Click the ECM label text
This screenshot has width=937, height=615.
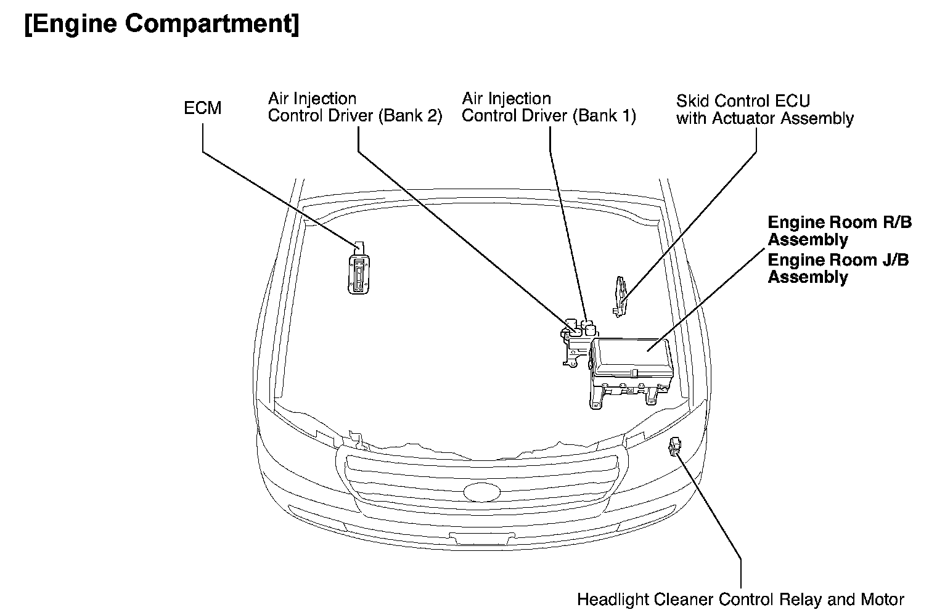(202, 108)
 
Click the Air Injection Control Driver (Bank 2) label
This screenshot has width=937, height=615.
(354, 107)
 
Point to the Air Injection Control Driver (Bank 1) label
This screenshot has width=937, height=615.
(548, 107)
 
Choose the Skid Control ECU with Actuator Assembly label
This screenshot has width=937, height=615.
(764, 110)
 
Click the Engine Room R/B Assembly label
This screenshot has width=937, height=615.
(838, 230)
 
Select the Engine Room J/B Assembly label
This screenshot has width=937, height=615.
(837, 268)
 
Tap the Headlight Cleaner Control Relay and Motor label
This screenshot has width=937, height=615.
(740, 600)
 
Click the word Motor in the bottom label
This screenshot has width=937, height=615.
(883, 600)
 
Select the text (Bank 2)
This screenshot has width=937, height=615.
(410, 116)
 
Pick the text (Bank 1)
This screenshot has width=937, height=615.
(604, 116)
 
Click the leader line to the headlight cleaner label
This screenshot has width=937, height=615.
(709, 505)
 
